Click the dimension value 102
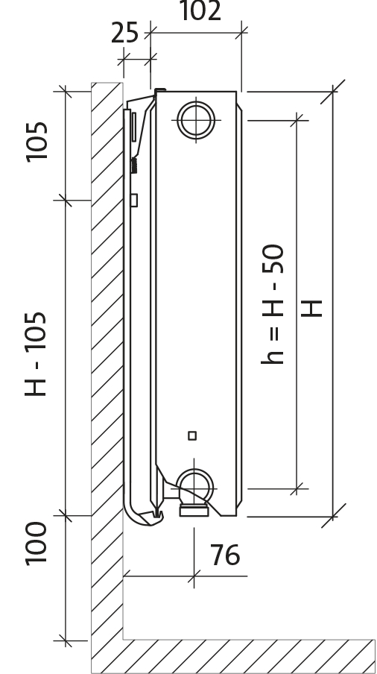tap(200, 10)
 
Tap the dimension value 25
tap(125, 33)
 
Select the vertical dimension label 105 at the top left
tap(37, 142)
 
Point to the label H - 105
tap(35, 353)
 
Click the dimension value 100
tap(36, 544)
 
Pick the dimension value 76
tap(225, 555)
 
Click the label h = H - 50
tap(273, 304)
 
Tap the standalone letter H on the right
tap(311, 309)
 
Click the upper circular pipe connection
tap(196, 120)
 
